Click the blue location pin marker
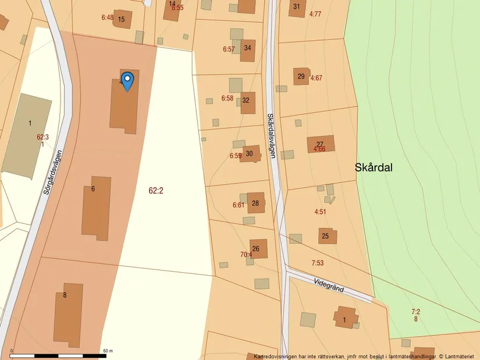coord(127,80)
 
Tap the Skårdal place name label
coord(374,167)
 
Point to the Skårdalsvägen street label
coord(271,135)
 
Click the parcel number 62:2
coord(156,190)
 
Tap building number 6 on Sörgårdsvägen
coord(96,208)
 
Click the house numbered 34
coord(248,49)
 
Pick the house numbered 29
coord(301,76)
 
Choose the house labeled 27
coord(321,144)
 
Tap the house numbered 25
coord(327,236)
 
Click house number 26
coord(258,248)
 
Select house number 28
coord(255,203)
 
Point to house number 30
coord(250,154)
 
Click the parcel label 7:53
coord(317,263)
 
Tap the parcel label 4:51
coord(320,212)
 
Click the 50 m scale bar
coord(58,354)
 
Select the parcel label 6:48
coord(107,17)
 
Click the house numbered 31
coord(297,8)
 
